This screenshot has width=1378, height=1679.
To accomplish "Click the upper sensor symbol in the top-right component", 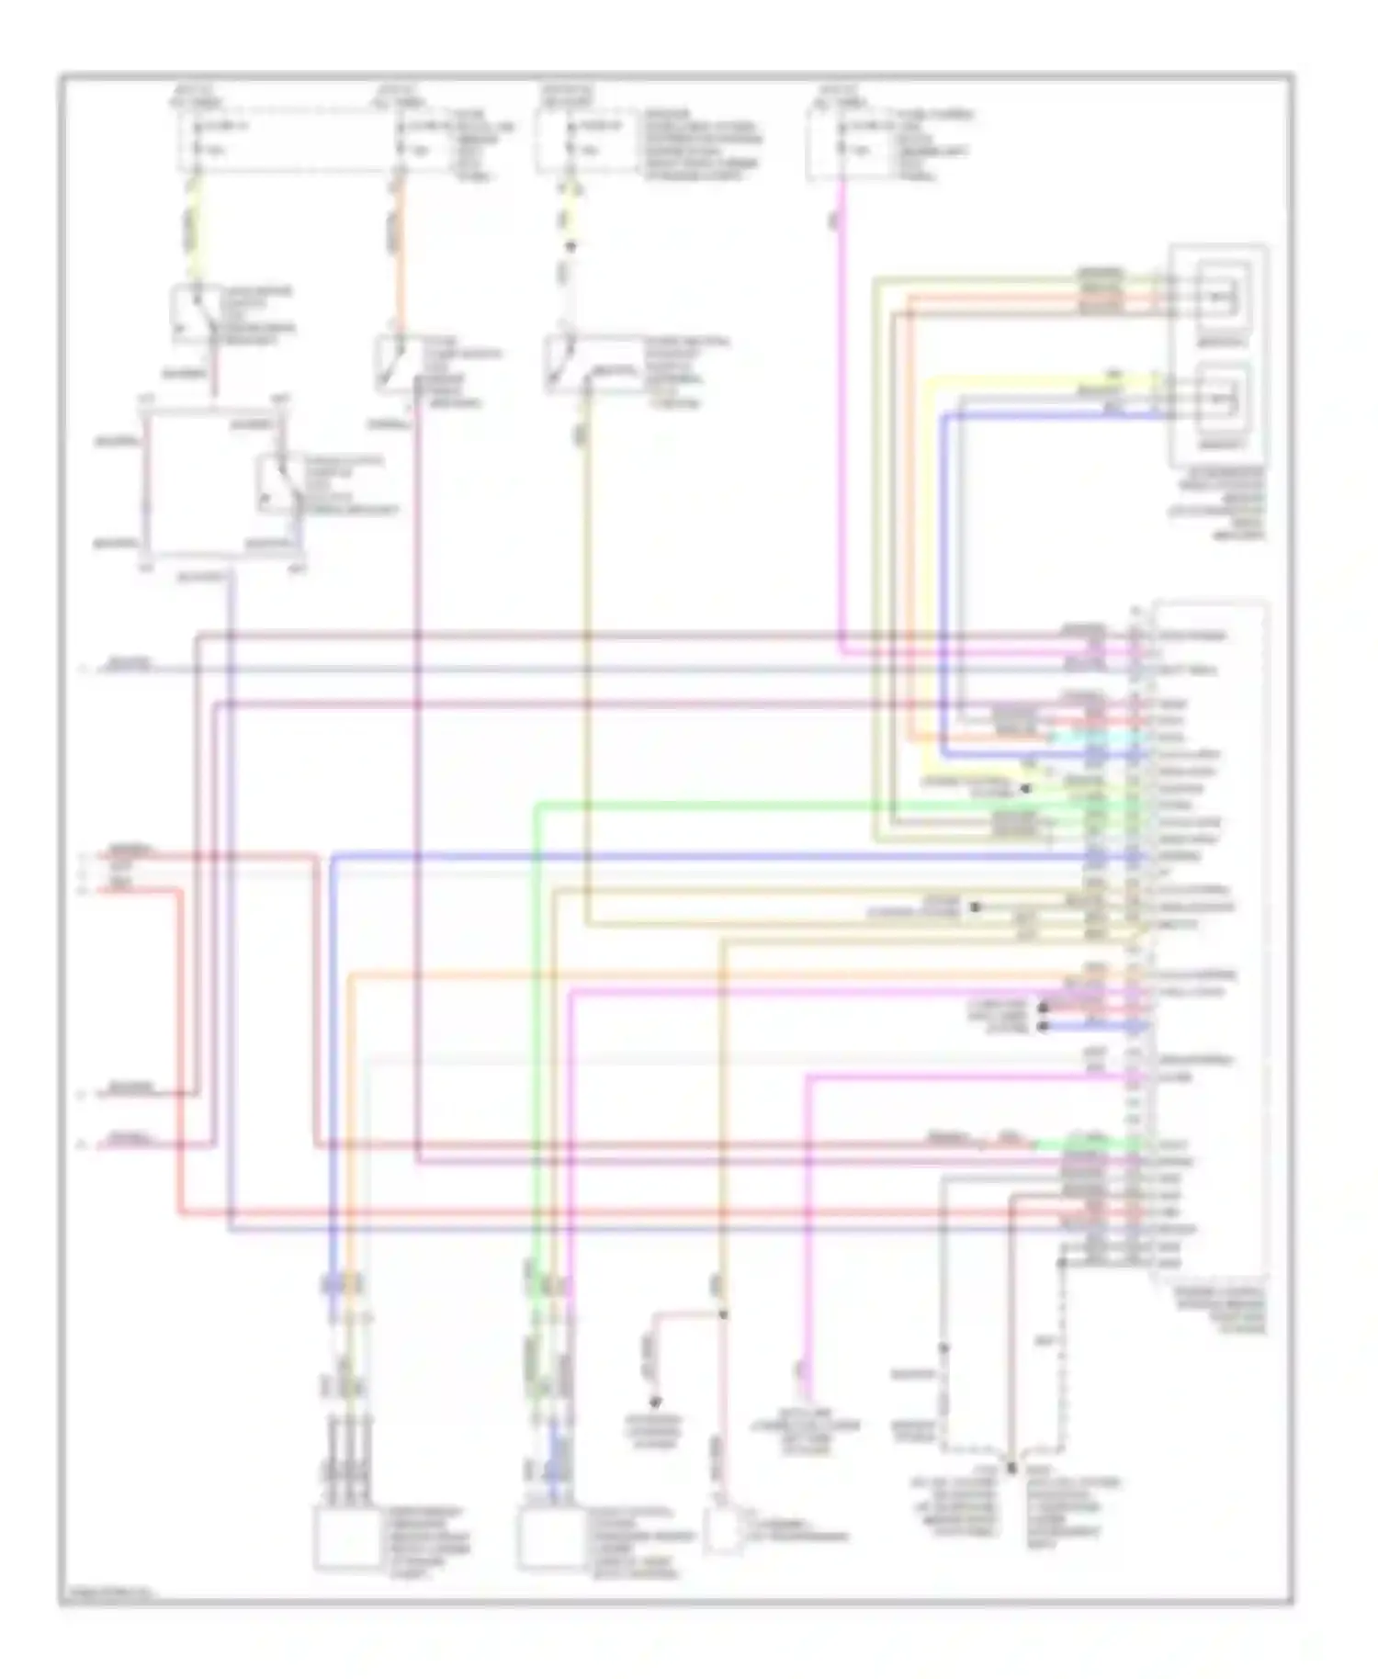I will [x=1222, y=297].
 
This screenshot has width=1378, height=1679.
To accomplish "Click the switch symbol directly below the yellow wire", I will [x=195, y=312].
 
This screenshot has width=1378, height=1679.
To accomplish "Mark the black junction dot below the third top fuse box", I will [x=570, y=246].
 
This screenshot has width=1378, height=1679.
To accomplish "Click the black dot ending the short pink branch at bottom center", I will [x=655, y=1403].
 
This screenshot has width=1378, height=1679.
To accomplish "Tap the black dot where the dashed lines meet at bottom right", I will [x=1010, y=1468].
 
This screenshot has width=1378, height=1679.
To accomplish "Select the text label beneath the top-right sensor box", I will [x=1217, y=502].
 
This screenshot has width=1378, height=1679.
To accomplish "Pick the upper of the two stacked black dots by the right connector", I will [x=1043, y=1008].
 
